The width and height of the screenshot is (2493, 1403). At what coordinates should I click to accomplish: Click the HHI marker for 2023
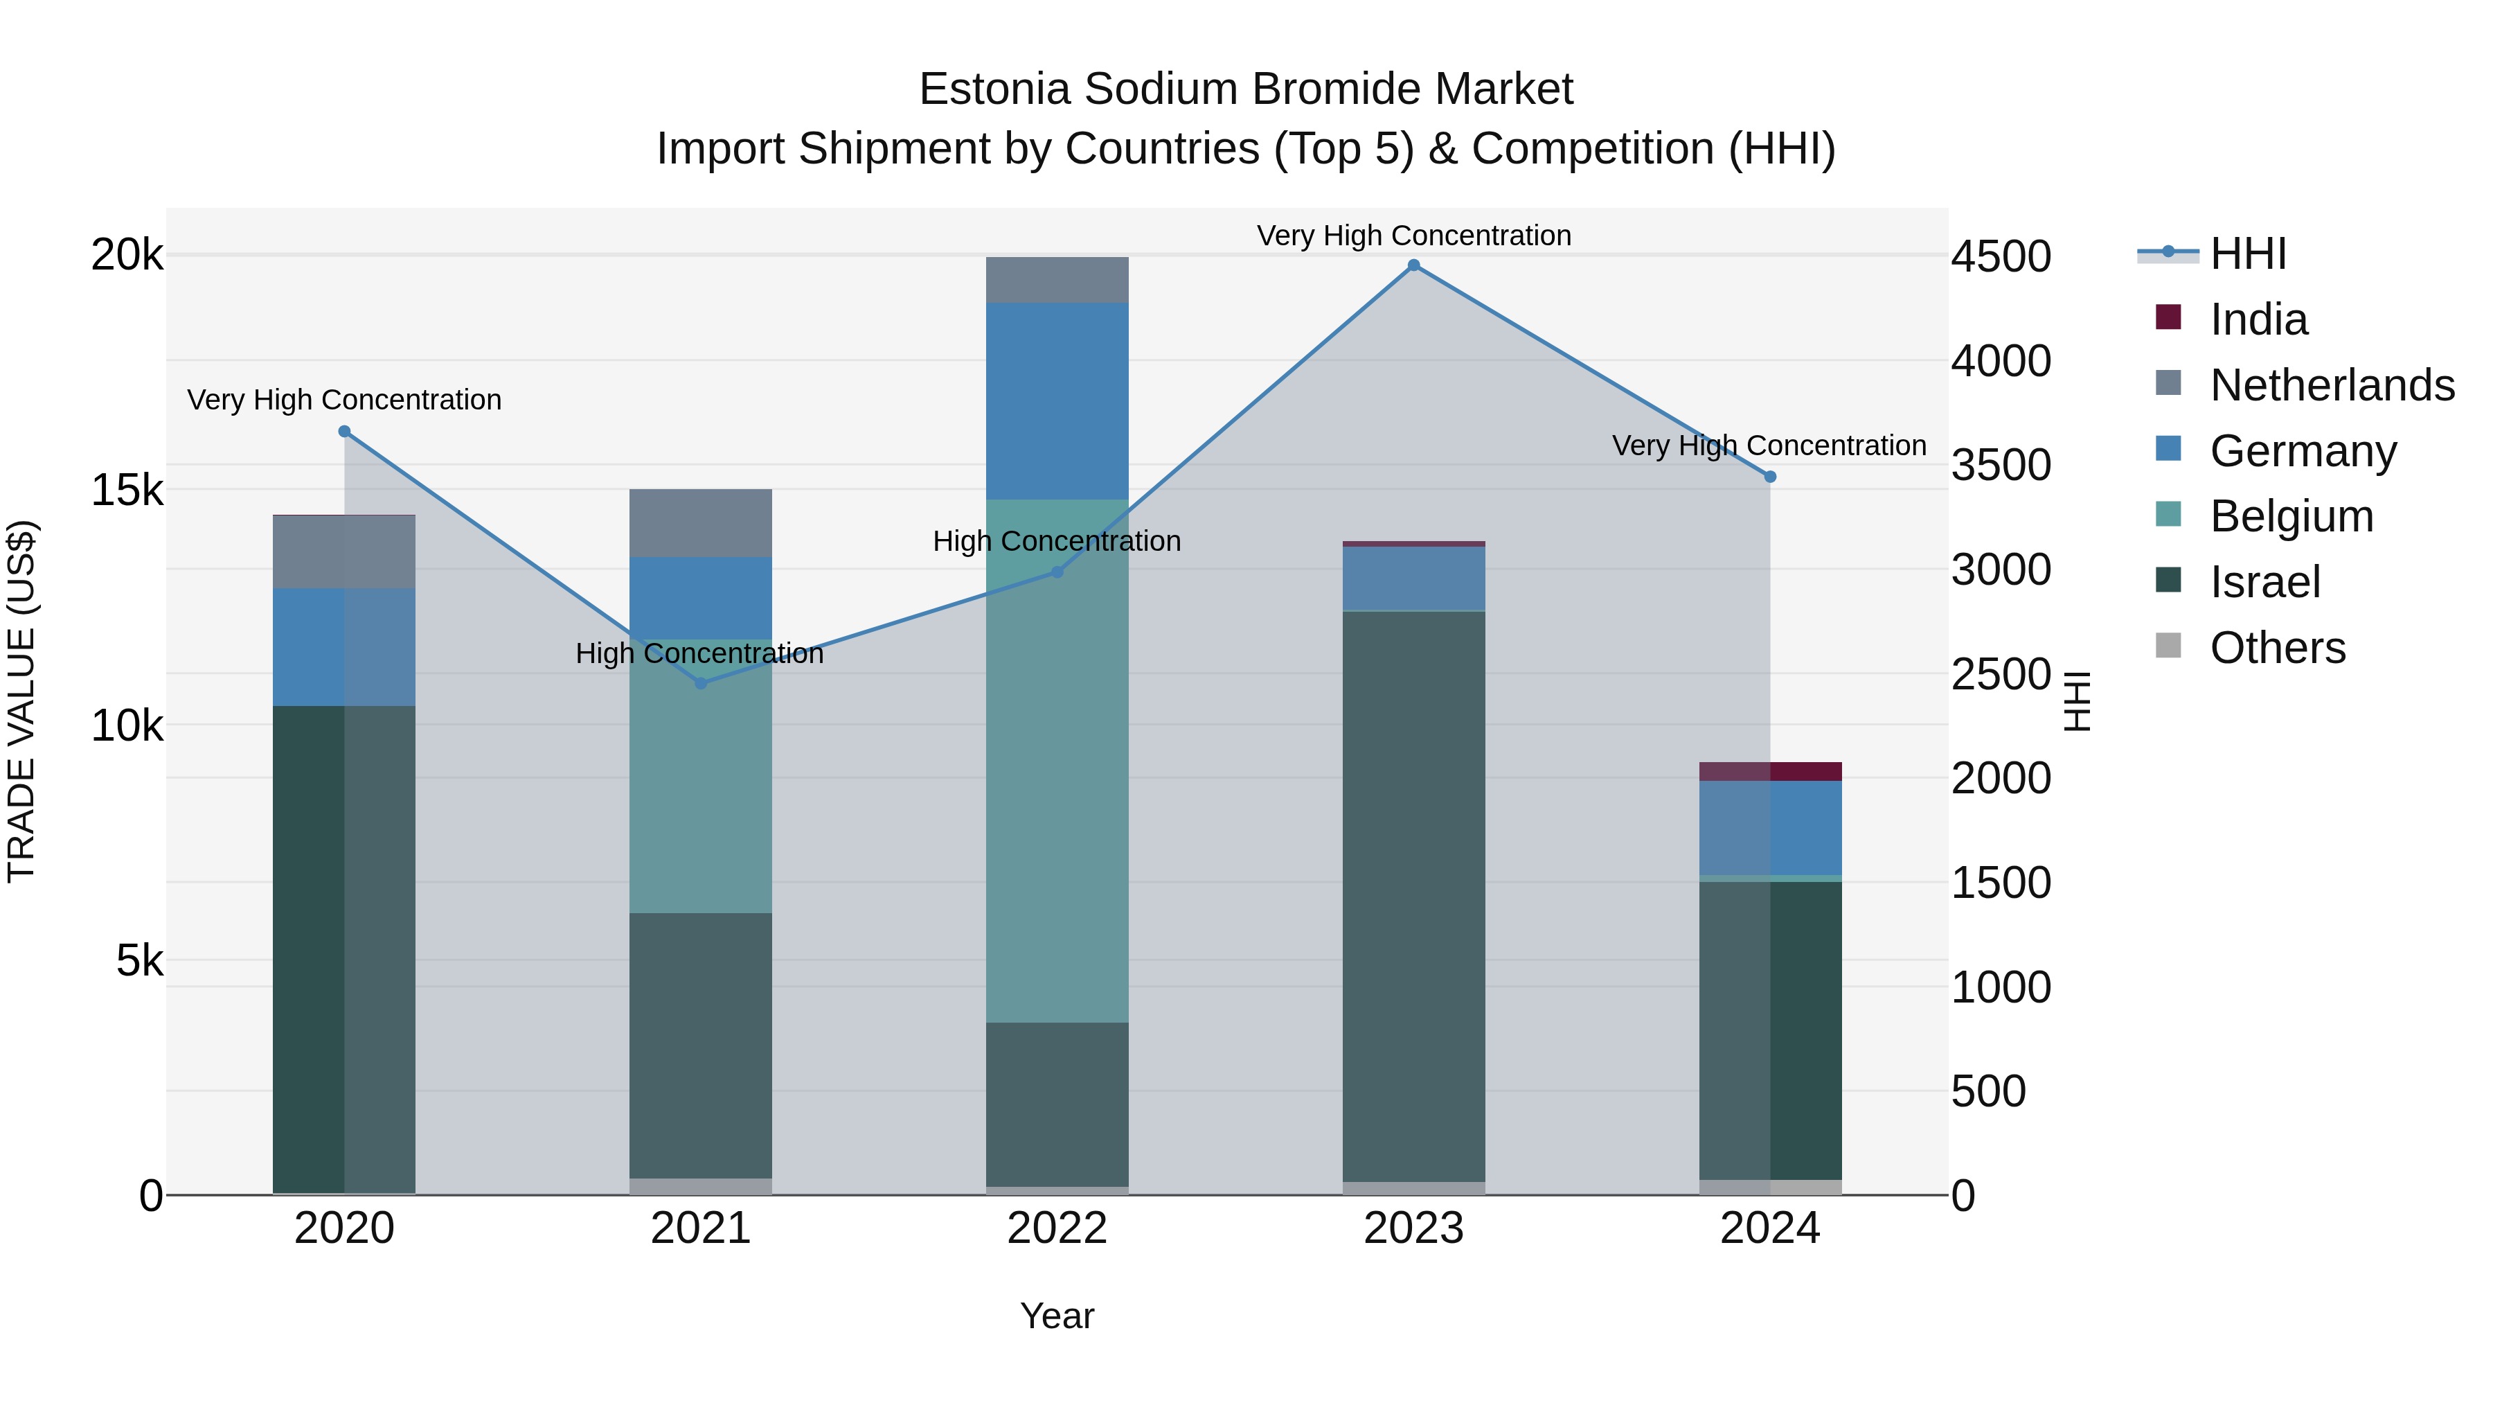(1413, 265)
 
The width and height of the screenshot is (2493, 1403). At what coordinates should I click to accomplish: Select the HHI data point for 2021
(701, 684)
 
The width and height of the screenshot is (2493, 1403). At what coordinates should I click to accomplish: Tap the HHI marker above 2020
(345, 432)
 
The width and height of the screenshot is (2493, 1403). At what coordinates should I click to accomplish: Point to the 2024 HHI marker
(1770, 477)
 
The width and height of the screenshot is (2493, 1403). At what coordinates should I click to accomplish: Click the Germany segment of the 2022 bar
(1057, 401)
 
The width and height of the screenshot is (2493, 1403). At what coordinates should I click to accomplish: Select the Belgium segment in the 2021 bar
(701, 775)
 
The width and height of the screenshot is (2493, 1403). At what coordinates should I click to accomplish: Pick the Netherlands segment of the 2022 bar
(1057, 280)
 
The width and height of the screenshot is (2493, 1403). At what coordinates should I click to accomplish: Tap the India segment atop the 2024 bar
(1770, 772)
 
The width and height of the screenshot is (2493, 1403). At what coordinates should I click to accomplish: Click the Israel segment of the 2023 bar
(1413, 896)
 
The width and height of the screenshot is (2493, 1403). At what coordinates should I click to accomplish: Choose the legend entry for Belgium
(2291, 516)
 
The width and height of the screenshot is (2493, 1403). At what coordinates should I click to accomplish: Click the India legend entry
(2258, 319)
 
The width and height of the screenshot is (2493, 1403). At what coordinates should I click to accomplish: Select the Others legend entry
(2277, 648)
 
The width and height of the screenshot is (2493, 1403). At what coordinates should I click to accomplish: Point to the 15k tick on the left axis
(127, 490)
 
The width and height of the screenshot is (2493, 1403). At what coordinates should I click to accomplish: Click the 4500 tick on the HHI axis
(1999, 258)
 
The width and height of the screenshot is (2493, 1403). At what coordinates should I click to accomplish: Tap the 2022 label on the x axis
(1057, 1228)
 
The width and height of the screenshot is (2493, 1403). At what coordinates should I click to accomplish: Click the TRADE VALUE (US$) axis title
(21, 701)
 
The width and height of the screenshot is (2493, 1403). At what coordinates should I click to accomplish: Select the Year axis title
(1057, 1316)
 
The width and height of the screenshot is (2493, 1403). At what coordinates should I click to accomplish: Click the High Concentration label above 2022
(1057, 541)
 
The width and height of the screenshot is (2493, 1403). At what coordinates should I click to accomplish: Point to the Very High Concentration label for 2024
(1768, 445)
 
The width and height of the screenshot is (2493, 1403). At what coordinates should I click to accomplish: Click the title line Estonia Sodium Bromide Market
(1246, 89)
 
